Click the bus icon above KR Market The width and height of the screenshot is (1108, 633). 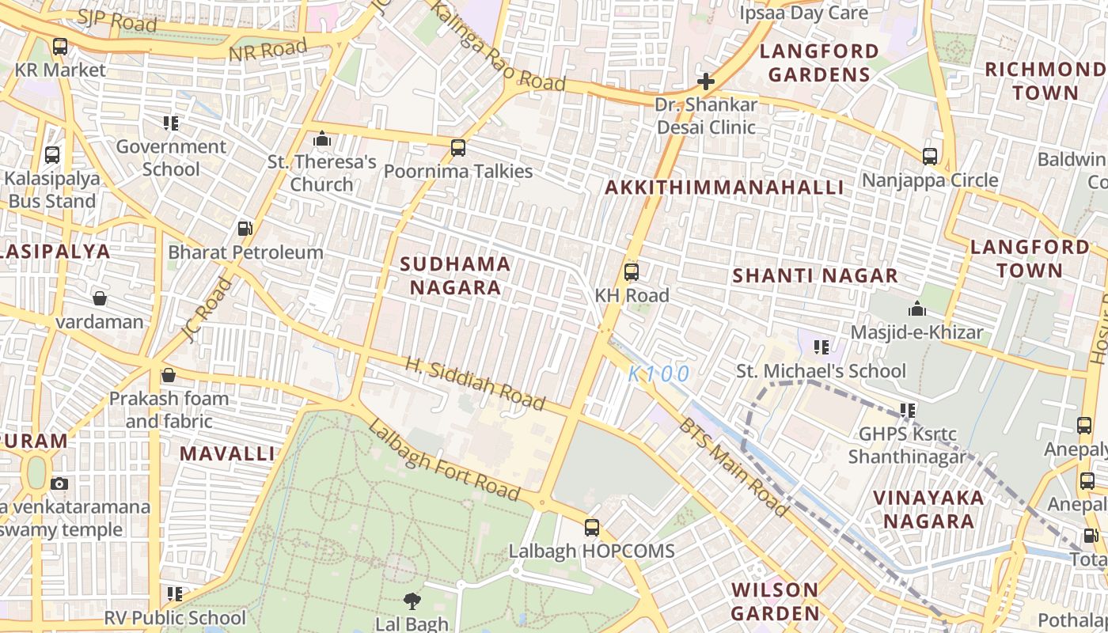pyautogui.click(x=60, y=47)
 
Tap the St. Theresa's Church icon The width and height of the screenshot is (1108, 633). pyautogui.click(x=321, y=139)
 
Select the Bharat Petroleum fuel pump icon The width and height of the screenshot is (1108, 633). pyautogui.click(x=245, y=229)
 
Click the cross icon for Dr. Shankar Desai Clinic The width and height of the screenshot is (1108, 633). pyautogui.click(x=705, y=81)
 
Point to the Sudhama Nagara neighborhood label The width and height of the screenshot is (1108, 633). pyautogui.click(x=455, y=275)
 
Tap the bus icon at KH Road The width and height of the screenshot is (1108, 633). pyautogui.click(x=631, y=272)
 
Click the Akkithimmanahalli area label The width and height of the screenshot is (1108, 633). pyautogui.click(x=724, y=188)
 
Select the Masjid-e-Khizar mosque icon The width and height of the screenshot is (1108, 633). pyautogui.click(x=916, y=309)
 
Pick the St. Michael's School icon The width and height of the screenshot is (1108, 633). pyautogui.click(x=822, y=347)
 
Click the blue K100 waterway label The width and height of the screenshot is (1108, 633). pyautogui.click(x=659, y=373)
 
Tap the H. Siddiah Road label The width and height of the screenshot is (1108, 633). pyautogui.click(x=476, y=384)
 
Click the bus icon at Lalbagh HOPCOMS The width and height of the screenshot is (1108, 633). pyautogui.click(x=591, y=527)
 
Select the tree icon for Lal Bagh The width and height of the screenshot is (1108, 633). pyautogui.click(x=412, y=601)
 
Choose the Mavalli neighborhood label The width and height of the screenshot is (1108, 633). pyautogui.click(x=227, y=453)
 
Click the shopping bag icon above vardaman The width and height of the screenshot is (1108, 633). pyautogui.click(x=100, y=298)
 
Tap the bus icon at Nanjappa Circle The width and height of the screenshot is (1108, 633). pyautogui.click(x=930, y=157)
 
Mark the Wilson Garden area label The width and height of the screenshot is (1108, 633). pyautogui.click(x=775, y=601)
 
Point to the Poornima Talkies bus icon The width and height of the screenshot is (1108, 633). pyautogui.click(x=457, y=147)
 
